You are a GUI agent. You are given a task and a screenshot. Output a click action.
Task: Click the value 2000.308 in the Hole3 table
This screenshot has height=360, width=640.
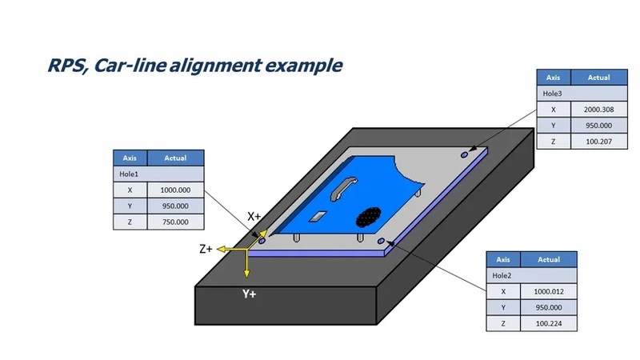(598, 110)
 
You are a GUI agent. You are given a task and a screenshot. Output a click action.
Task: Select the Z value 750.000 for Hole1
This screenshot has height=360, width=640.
(175, 222)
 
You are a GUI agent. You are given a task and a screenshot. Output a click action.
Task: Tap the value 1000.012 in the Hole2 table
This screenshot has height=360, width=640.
(549, 291)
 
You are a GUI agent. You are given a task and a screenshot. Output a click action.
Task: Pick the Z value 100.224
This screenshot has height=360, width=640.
(549, 324)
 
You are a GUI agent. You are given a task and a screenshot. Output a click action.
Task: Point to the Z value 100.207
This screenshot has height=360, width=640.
(598, 142)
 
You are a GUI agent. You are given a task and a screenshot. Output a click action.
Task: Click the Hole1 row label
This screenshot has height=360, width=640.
(129, 174)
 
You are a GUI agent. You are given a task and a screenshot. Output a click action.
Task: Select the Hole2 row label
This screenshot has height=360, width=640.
(502, 275)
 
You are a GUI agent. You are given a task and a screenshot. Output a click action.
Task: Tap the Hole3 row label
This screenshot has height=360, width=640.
(552, 94)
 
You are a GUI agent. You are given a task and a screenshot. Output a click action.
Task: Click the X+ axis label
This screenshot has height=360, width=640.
(254, 216)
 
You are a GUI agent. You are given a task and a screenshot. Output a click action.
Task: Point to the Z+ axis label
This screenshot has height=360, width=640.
(206, 249)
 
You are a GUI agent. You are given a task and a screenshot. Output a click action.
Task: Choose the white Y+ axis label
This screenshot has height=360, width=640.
(249, 294)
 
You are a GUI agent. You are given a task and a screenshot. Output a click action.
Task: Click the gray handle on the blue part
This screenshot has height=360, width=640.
(342, 189)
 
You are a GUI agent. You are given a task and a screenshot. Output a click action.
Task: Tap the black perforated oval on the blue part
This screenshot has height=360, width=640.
(369, 217)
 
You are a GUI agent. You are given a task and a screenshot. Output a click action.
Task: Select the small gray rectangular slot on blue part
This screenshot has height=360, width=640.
(318, 216)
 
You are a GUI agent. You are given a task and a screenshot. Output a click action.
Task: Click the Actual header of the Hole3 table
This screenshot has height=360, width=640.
(598, 78)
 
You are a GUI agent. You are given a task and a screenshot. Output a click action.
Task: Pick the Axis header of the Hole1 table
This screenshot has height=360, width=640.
(130, 158)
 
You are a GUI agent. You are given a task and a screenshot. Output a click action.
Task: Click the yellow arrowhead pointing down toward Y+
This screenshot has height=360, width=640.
(246, 273)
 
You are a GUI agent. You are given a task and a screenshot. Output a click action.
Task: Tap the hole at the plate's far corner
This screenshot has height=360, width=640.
(464, 155)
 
